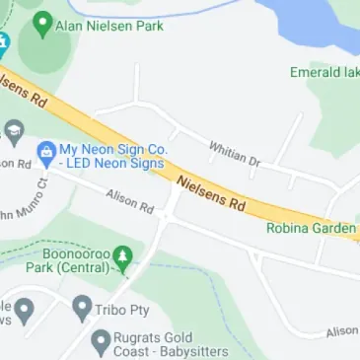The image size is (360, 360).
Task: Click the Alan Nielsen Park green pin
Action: (x=42, y=24)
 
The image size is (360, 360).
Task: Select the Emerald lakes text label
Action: (x=324, y=72)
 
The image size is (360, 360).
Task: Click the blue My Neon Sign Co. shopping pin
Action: (x=45, y=152)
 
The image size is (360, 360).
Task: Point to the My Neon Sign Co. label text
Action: (x=112, y=156)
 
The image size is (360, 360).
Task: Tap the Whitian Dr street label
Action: (x=234, y=153)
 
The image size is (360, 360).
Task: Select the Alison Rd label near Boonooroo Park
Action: (x=130, y=201)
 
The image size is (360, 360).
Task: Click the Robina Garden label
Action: (x=311, y=228)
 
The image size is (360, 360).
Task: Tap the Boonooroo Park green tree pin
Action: (x=122, y=258)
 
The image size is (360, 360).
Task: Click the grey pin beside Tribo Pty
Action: (x=83, y=308)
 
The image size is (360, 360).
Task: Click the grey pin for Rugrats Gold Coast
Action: (x=101, y=341)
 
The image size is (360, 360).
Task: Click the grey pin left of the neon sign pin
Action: (x=13, y=131)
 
